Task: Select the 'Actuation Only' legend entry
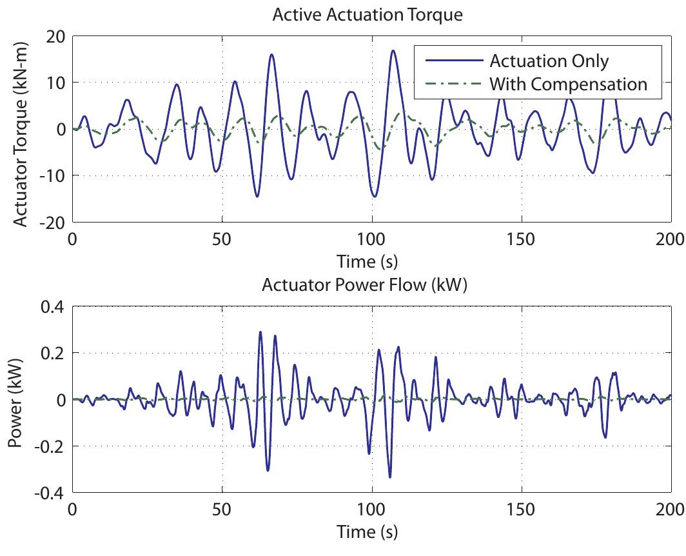click(x=549, y=61)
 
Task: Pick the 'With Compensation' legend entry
click(x=568, y=84)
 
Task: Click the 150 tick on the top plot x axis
click(x=521, y=239)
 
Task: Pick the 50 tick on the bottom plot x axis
click(x=222, y=510)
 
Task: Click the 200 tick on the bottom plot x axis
click(x=671, y=510)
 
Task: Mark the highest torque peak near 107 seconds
click(x=393, y=50)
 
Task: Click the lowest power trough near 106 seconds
click(x=390, y=477)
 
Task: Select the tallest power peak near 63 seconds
click(x=260, y=332)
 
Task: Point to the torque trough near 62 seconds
click(x=257, y=196)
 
